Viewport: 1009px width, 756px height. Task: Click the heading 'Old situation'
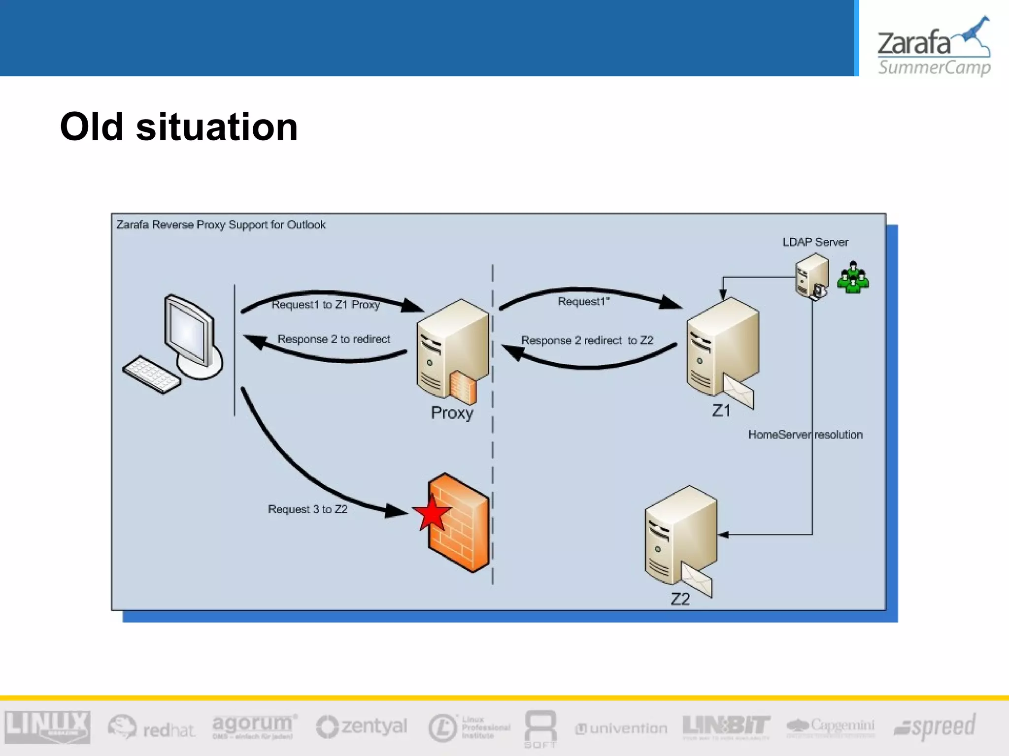pos(179,127)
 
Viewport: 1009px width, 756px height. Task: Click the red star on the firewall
pos(432,513)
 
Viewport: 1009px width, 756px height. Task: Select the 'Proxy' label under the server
pos(452,412)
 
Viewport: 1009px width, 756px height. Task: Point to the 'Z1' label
pos(721,410)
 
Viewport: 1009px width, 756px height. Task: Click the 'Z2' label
pos(680,599)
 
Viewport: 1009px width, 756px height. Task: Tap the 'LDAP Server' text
pos(815,242)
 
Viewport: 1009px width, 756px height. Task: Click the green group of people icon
pos(853,278)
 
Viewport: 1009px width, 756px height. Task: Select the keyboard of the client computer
pos(151,374)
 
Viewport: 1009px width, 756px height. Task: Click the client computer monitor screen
pos(187,331)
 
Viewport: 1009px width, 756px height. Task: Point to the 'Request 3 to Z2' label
pos(307,509)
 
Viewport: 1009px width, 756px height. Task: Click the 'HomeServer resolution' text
pos(805,435)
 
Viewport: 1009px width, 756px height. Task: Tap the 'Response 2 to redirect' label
pos(334,339)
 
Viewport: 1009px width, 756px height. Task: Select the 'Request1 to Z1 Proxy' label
pos(326,305)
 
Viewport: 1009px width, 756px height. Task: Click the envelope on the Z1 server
pos(739,391)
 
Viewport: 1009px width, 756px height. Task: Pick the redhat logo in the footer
pos(152,727)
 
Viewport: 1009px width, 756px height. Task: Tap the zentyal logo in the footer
pos(362,726)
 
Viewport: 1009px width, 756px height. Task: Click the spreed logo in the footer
pos(935,726)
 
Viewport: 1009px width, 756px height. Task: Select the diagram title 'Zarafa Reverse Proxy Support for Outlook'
pos(221,225)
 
